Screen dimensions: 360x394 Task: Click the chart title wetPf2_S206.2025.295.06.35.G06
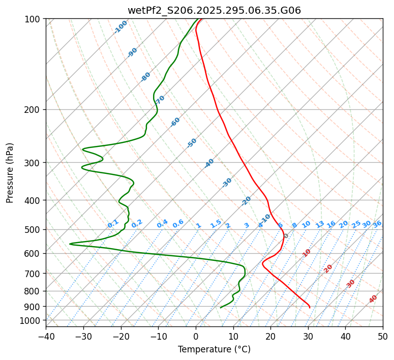click(x=214, y=10)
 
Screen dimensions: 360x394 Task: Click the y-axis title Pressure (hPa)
click(x=10, y=172)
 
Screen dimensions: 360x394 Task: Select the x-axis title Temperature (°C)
click(x=214, y=350)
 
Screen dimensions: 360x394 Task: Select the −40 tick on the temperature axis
click(x=46, y=336)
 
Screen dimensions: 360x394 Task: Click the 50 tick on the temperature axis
click(x=383, y=336)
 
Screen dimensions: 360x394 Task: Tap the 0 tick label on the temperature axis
click(x=196, y=336)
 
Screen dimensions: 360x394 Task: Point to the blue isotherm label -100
click(x=120, y=26)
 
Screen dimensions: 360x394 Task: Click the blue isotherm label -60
click(x=175, y=122)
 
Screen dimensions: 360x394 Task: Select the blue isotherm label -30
click(x=227, y=183)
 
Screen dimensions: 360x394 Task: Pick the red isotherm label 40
click(x=373, y=299)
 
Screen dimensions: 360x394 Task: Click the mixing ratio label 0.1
click(x=113, y=224)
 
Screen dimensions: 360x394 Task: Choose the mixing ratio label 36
click(x=377, y=224)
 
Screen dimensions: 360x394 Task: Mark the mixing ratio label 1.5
click(x=216, y=224)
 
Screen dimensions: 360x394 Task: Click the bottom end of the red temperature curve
click(x=310, y=308)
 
